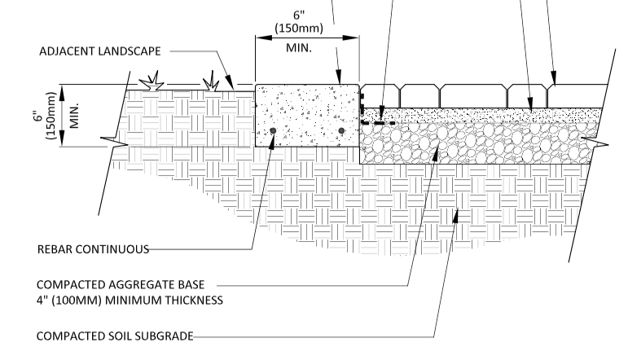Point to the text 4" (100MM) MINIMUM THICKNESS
tap(130, 301)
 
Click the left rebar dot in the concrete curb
tap(274, 130)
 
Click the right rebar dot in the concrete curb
tap(341, 130)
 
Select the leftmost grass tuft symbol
tap(152, 81)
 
